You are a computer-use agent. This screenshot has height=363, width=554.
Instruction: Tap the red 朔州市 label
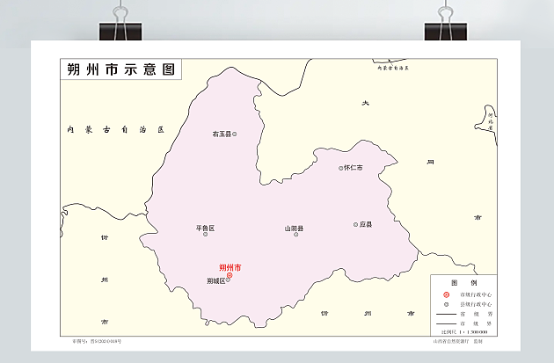(230, 267)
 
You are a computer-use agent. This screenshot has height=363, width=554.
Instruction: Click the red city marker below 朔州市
(230, 275)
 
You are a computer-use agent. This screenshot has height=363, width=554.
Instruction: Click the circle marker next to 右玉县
(234, 134)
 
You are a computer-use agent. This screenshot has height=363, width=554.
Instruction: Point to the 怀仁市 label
(354, 167)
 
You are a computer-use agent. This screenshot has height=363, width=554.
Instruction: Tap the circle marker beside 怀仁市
(341, 167)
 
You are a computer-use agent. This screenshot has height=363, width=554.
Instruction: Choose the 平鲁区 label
(205, 228)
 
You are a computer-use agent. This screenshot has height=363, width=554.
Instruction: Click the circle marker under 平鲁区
(206, 235)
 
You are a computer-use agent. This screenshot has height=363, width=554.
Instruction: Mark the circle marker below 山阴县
(295, 235)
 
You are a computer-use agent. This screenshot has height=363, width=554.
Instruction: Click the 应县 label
(366, 225)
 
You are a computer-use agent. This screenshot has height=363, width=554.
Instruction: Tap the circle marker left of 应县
(356, 225)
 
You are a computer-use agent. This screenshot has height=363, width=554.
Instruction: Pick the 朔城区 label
(216, 281)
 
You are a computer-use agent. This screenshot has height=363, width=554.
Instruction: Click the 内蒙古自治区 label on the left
(115, 129)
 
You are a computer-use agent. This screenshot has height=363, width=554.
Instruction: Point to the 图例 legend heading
(463, 282)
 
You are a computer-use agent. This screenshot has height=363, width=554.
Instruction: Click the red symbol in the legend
(447, 294)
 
